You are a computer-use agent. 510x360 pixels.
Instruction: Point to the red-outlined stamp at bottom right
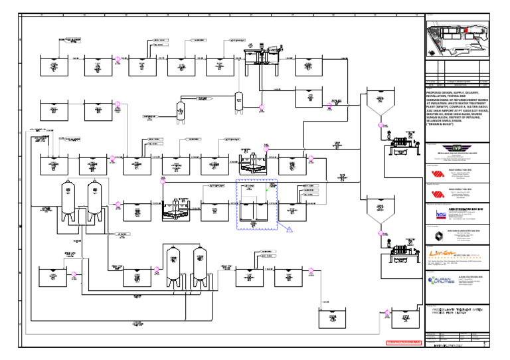click(403, 343)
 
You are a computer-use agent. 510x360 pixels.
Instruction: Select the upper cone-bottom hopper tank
click(379, 100)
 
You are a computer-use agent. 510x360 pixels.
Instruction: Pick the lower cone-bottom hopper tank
click(379, 207)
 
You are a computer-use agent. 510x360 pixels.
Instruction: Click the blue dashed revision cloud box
click(258, 205)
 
